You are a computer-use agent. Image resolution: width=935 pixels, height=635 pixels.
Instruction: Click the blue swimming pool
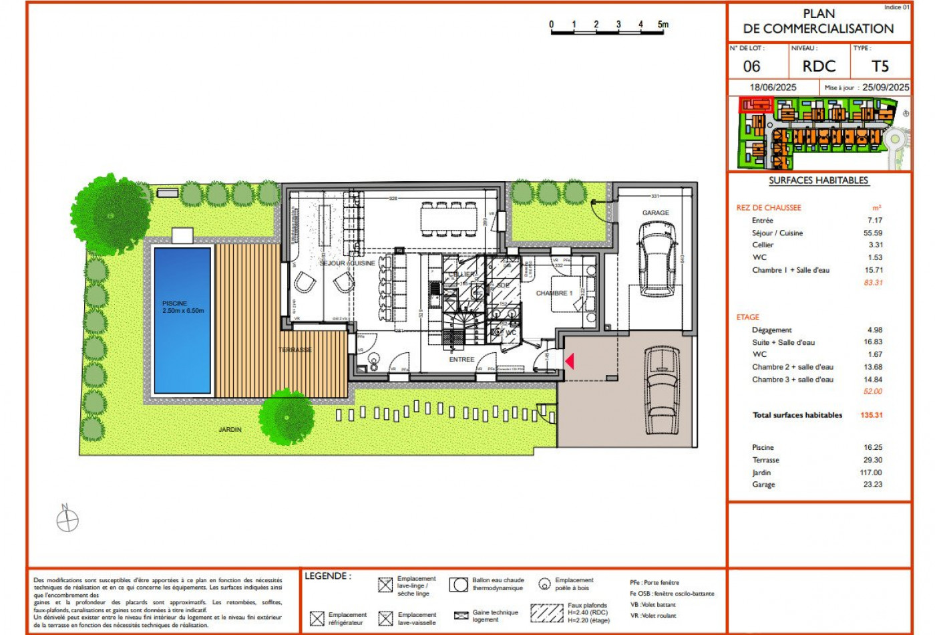tap(182, 320)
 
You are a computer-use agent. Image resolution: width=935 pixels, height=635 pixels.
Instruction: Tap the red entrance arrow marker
tap(569, 361)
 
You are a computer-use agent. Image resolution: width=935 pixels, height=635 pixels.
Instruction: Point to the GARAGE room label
tap(655, 213)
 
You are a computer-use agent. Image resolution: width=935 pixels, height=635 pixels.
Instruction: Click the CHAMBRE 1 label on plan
tap(554, 293)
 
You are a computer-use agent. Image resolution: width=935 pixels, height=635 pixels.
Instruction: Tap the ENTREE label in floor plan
tap(461, 360)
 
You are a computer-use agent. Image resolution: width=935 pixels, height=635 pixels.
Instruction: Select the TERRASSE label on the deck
tap(295, 350)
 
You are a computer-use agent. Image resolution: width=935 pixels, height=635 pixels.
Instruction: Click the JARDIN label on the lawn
tap(230, 429)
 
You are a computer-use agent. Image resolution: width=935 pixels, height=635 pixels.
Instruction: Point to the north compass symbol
tap(67, 519)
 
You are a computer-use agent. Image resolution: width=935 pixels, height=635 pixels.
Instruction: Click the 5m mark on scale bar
tap(663, 25)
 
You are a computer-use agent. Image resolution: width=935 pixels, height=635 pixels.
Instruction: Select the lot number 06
tap(751, 66)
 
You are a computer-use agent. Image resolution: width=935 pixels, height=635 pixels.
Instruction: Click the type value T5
tap(880, 66)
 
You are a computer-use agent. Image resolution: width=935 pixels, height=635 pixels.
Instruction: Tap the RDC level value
tap(819, 66)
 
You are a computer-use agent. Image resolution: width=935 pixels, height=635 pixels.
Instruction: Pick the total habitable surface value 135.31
tap(871, 415)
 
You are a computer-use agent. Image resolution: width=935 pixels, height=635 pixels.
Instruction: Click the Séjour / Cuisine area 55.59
tap(872, 233)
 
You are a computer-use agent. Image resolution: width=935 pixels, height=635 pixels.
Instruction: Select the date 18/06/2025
tap(773, 88)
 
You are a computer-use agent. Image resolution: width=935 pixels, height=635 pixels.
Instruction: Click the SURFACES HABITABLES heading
tap(818, 180)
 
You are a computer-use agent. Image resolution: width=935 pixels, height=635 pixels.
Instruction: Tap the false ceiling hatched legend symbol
tap(547, 612)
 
